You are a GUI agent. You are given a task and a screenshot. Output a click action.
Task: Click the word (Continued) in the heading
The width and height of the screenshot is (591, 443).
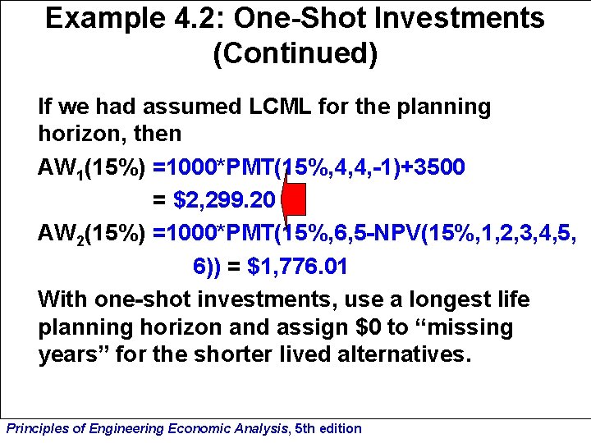coord(295,54)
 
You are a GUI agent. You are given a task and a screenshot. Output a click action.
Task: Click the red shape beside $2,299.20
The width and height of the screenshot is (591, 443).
coord(294,202)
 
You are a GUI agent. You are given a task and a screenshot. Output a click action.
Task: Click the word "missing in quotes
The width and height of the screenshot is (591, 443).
coord(470,328)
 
